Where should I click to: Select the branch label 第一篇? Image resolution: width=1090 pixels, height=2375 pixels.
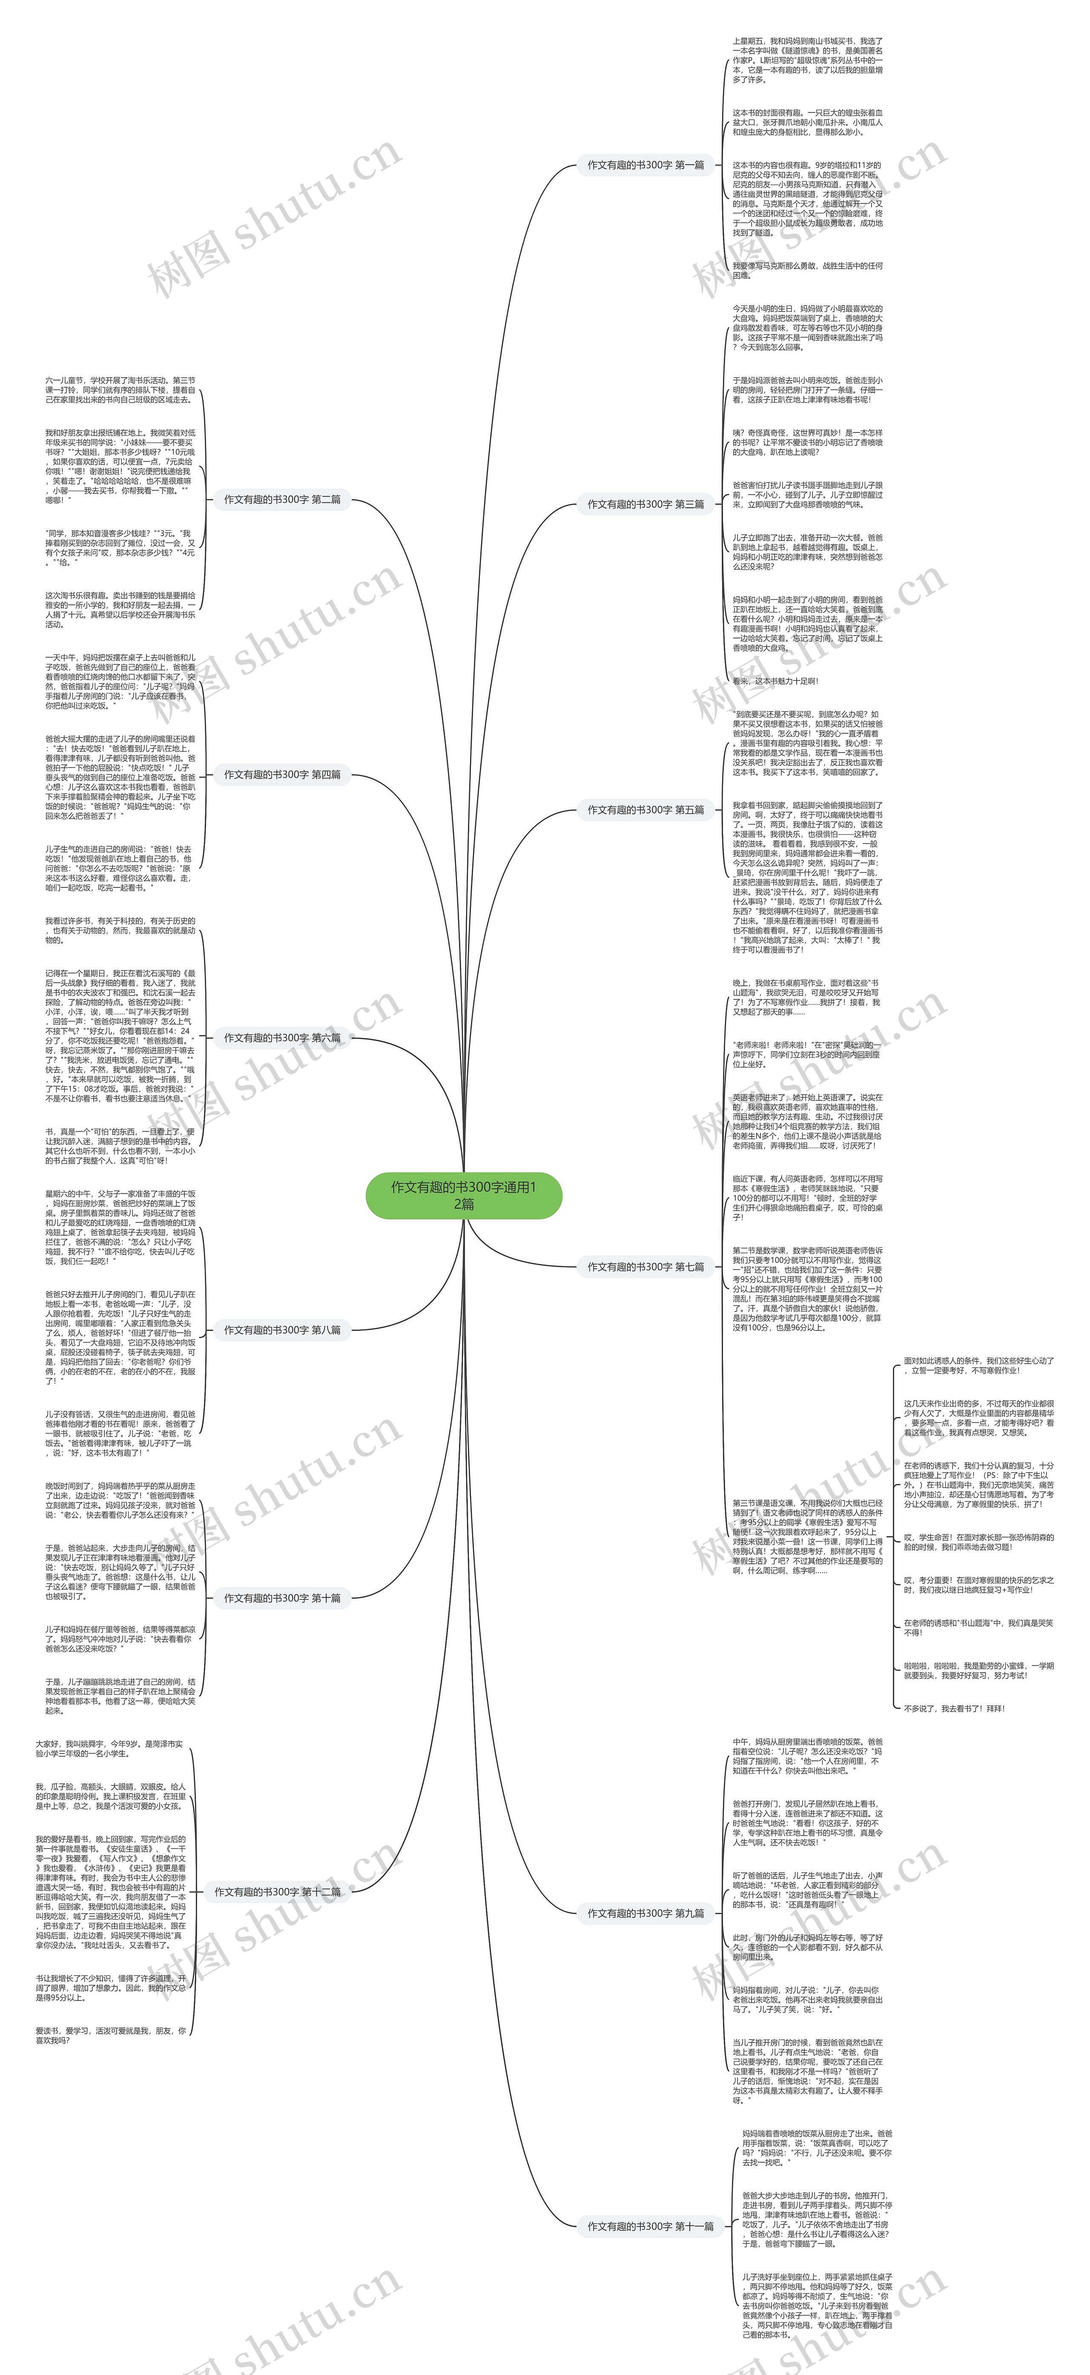(x=645, y=165)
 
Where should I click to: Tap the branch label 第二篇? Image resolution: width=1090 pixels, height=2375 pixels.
(x=282, y=500)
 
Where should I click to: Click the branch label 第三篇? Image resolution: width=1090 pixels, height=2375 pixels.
(x=645, y=504)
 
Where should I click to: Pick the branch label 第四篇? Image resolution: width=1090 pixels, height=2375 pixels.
(x=282, y=775)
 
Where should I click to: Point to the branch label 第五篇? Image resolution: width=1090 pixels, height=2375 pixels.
(x=645, y=810)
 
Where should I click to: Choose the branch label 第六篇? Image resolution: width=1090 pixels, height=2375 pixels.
(x=282, y=1037)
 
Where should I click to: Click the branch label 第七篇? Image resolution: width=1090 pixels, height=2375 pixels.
(x=645, y=1267)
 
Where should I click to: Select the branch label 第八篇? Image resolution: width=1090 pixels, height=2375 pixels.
(x=282, y=1330)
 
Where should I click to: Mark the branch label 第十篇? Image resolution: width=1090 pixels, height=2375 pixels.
(x=282, y=1598)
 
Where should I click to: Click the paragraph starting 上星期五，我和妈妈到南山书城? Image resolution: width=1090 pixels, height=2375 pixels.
(x=807, y=60)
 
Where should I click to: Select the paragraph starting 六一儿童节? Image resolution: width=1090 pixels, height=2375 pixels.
(x=120, y=389)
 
